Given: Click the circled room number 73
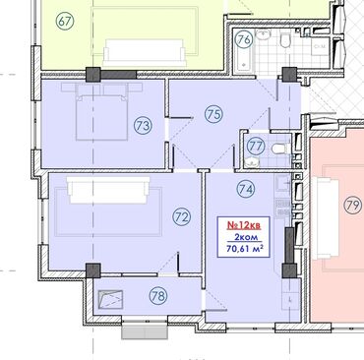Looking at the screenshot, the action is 143,126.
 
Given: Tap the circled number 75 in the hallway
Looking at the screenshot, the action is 213,114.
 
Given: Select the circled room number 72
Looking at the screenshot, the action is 182,217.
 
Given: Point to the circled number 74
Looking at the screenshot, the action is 246,189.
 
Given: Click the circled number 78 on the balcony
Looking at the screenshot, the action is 158,296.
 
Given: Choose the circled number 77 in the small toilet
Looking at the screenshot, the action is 256,146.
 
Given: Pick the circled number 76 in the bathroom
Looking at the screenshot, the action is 244,39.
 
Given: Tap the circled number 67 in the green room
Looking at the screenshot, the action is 65,22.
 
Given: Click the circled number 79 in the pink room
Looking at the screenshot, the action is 352,206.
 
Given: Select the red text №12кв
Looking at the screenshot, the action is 244,225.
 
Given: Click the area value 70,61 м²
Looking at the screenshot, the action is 245,249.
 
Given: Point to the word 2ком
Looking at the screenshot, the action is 246,237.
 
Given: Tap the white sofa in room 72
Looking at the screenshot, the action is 108,191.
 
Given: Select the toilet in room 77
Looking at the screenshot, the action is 279,150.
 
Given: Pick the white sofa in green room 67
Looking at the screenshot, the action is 145,53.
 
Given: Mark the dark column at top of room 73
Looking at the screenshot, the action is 92,75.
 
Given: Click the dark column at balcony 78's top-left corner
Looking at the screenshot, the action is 93,270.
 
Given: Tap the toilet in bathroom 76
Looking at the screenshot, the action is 286,41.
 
